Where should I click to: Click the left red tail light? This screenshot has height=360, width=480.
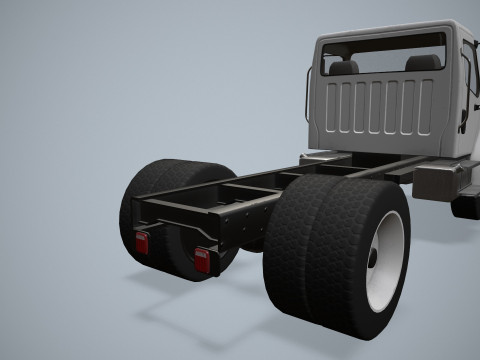click(x=142, y=242)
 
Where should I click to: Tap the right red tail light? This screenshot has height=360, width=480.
click(x=203, y=258)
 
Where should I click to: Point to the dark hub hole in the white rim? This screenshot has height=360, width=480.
click(x=373, y=258)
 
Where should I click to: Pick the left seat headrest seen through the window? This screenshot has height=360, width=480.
click(x=344, y=67)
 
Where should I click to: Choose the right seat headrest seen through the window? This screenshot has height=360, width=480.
click(x=423, y=63)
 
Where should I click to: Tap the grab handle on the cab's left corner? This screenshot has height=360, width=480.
click(x=308, y=94)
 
